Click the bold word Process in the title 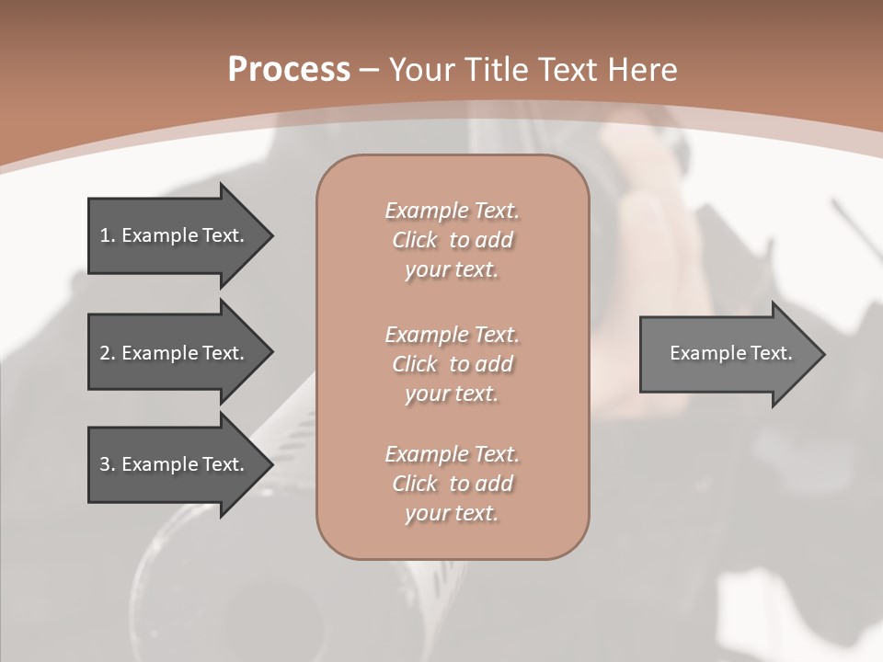pos(289,70)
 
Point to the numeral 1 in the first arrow pos(105,235)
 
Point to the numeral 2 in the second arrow pos(105,353)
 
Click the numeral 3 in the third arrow pos(105,464)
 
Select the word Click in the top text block pos(415,240)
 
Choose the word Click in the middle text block pos(415,364)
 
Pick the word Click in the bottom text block pos(415,484)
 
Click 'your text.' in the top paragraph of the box pos(452,270)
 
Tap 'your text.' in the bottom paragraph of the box pos(452,514)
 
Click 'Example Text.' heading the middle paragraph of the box pos(452,335)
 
